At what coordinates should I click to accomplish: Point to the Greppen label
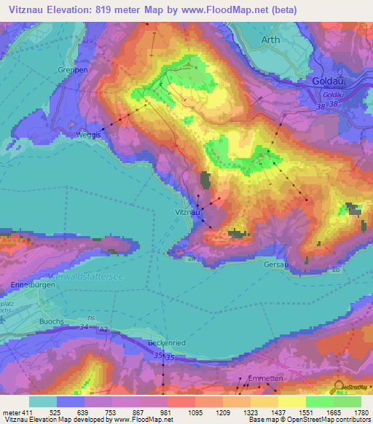click(x=72, y=70)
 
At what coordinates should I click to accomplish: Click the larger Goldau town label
click(x=326, y=83)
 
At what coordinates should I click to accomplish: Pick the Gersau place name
click(x=277, y=264)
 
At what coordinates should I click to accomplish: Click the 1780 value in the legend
click(x=359, y=412)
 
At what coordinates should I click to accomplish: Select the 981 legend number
click(x=166, y=412)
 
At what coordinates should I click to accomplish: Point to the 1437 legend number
click(x=277, y=412)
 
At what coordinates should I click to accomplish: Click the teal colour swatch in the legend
click(x=43, y=401)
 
